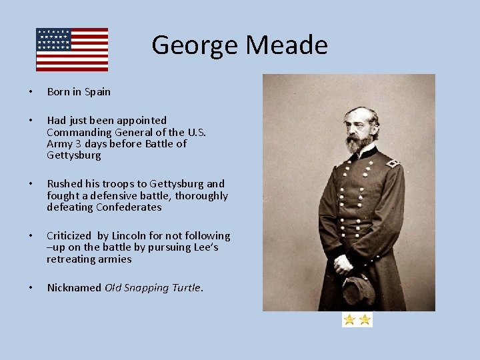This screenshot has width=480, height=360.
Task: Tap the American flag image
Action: click(x=72, y=49)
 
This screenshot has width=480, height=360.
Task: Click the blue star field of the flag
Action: click(x=54, y=39)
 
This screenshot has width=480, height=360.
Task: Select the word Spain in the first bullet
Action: click(x=97, y=92)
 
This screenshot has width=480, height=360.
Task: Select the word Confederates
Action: click(x=129, y=207)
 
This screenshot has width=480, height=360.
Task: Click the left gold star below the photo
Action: click(x=349, y=320)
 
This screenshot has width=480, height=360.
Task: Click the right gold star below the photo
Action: click(x=365, y=320)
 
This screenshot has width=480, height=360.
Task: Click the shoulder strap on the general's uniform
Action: click(x=393, y=161)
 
